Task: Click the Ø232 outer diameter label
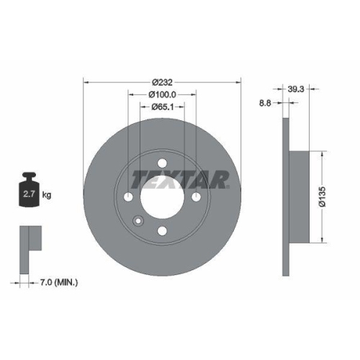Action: [162, 82]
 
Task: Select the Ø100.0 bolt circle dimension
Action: [162, 94]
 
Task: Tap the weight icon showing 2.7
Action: [30, 191]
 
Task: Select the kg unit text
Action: [47, 194]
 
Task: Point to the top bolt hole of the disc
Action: [162, 163]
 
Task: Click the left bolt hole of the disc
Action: [129, 197]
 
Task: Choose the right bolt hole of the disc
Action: [196, 197]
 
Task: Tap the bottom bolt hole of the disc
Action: [162, 230]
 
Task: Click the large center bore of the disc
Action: [162, 197]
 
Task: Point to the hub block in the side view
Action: [302, 197]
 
